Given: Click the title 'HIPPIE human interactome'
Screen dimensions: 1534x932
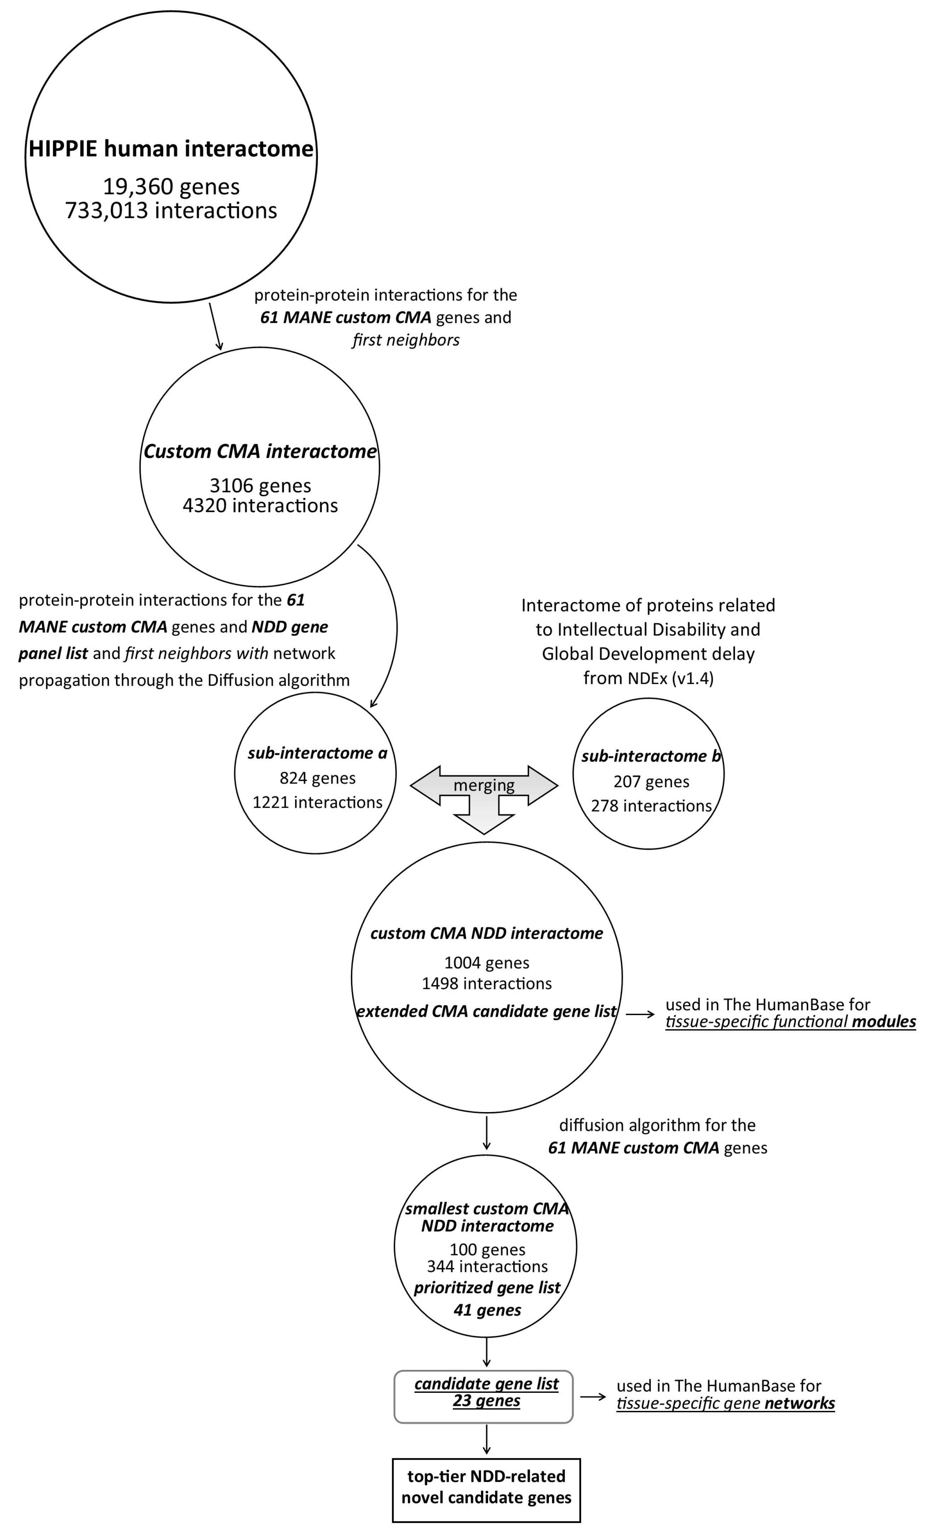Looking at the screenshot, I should click(x=171, y=149).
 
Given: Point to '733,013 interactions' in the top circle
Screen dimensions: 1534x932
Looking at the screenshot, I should click(x=171, y=210).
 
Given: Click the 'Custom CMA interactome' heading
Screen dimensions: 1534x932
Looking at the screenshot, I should click(x=260, y=451).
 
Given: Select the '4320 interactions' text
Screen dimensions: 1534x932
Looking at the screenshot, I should click(x=260, y=505).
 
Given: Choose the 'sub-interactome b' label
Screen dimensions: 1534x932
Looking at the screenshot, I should click(x=650, y=757).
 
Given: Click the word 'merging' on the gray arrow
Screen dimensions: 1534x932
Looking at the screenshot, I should click(x=484, y=785).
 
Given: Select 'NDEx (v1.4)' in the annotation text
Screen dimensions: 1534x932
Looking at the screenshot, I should click(x=680, y=678).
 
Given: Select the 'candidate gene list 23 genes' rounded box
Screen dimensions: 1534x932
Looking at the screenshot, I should click(x=484, y=1396).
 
